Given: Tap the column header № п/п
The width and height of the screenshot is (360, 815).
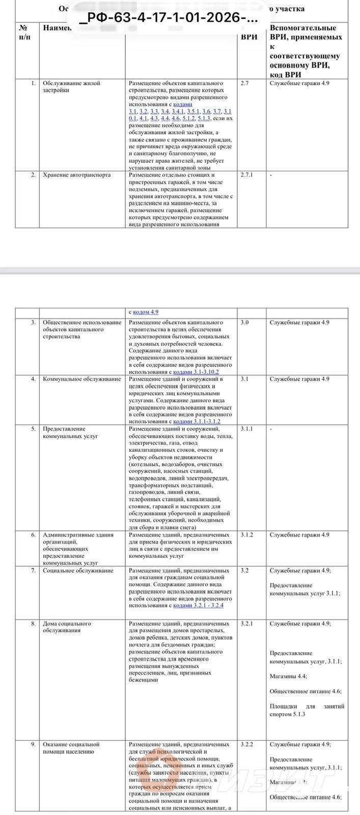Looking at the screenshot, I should click(23, 31).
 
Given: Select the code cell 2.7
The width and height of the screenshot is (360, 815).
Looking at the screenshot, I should click(244, 83).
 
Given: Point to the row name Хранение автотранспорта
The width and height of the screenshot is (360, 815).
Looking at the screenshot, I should click(76, 175).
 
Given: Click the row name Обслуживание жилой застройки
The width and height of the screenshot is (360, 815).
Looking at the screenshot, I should click(71, 87).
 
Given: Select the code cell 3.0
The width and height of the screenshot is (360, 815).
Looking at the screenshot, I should click(244, 322).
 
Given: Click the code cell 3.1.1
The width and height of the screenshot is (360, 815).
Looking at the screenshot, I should click(246, 429).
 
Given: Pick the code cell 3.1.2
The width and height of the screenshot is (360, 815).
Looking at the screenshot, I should click(246, 535).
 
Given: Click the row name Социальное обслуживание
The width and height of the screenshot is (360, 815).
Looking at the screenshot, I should click(78, 570).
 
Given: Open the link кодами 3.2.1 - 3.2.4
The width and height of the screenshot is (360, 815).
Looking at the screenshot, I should click(198, 606).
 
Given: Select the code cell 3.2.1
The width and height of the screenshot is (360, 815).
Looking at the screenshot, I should click(246, 623).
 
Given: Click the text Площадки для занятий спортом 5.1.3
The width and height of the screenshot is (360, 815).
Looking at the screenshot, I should click(307, 710).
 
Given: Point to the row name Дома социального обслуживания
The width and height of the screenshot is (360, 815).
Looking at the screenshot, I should click(67, 627).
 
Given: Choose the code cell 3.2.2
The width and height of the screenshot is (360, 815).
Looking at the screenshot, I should click(246, 744).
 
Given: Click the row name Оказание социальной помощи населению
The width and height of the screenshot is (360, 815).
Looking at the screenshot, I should click(71, 748).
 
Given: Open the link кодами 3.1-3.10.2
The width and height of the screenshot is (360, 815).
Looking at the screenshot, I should click(196, 372).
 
